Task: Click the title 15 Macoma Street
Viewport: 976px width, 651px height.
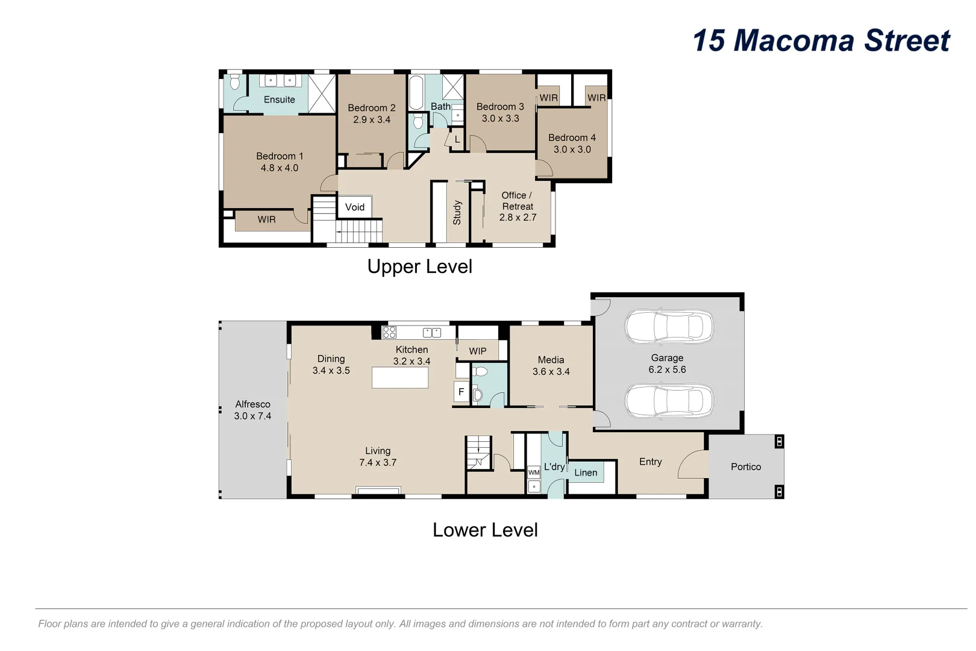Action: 821,41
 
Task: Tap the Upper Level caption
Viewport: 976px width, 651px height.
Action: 419,266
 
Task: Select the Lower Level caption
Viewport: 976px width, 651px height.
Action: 485,530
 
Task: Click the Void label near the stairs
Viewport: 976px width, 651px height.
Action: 354,207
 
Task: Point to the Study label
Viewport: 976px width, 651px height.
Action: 457,213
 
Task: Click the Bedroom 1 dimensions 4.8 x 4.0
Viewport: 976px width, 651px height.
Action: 279,168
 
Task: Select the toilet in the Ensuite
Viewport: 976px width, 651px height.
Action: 235,81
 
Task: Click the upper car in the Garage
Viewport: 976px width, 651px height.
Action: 669,327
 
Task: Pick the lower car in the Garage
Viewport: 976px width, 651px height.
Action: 669,401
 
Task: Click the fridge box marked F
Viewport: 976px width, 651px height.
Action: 461,392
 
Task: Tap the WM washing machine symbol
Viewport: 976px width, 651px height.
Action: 534,473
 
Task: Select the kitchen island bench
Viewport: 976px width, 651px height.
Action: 400,377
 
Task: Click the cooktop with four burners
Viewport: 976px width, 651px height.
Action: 389,332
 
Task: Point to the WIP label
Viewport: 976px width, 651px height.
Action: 478,351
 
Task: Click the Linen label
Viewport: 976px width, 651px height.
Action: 586,473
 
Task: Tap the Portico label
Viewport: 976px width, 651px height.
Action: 745,467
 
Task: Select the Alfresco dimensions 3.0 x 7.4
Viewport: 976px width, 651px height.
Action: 252,416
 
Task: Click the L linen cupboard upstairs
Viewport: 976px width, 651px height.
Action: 457,139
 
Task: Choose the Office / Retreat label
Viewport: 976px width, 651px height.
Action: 517,201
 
